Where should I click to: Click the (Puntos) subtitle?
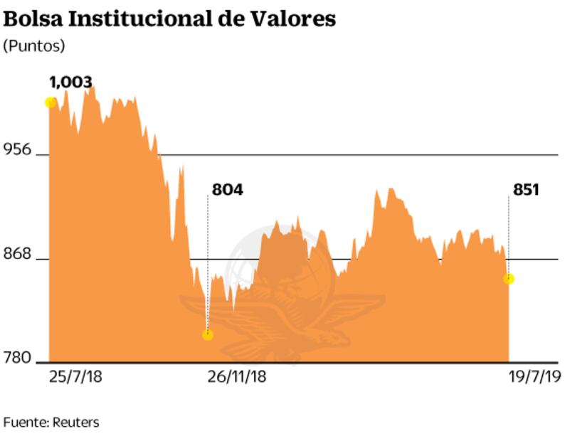click(34, 46)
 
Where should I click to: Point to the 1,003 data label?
click(70, 82)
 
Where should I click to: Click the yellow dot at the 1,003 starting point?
click(51, 102)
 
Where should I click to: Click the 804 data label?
click(227, 190)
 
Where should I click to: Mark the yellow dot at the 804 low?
click(208, 334)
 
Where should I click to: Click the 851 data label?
click(525, 190)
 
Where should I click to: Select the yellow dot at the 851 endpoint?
click(509, 279)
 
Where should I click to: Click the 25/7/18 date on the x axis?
click(75, 376)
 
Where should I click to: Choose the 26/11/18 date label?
click(238, 376)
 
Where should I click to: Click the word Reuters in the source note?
click(75, 423)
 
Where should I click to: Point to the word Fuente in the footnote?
click(25, 423)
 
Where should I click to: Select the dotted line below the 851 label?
click(509, 235)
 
